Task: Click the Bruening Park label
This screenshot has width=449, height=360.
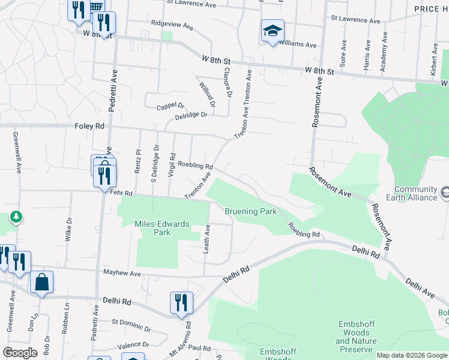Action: tap(250, 212)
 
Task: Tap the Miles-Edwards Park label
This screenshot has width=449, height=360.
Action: tap(154, 228)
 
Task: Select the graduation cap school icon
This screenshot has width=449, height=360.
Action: tap(273, 31)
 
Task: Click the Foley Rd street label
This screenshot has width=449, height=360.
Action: tap(89, 126)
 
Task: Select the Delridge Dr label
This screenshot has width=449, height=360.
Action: tap(191, 115)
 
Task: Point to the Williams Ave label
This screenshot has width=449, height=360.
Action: tap(298, 44)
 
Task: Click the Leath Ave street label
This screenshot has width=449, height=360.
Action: tap(206, 239)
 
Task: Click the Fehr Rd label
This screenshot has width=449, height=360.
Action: tap(121, 192)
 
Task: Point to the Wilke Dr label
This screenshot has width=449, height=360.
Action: tap(68, 229)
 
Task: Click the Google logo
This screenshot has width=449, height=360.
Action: tap(20, 352)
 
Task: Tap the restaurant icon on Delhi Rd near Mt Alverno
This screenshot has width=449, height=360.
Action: tap(181, 302)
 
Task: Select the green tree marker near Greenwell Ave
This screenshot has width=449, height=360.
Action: tap(16, 217)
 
